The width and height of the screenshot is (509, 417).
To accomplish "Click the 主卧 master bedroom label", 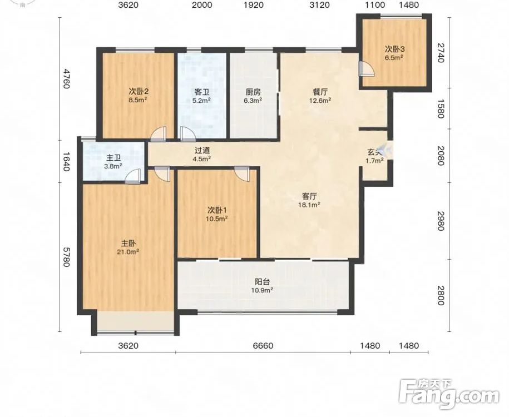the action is pyautogui.click(x=129, y=243).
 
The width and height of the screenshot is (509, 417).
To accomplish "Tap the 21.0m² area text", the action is pyautogui.click(x=129, y=251).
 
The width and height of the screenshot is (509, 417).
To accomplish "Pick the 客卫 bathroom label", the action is pyautogui.click(x=201, y=92).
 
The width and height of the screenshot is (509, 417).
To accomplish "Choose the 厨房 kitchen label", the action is pyautogui.click(x=253, y=92).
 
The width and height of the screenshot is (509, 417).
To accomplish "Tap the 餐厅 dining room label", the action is pyautogui.click(x=320, y=92).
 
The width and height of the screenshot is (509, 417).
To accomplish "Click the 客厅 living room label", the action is pyautogui.click(x=309, y=196).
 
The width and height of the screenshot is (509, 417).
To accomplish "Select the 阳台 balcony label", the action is pyautogui.click(x=262, y=282).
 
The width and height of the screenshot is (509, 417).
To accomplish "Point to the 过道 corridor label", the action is pyautogui.click(x=202, y=150).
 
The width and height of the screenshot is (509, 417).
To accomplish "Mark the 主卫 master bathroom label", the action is pyautogui.click(x=113, y=158).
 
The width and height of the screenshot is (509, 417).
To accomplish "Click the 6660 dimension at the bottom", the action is pyautogui.click(x=263, y=346).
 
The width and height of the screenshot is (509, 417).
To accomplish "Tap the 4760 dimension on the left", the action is pyautogui.click(x=66, y=78).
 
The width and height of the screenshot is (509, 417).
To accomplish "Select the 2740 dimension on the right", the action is pyautogui.click(x=440, y=53).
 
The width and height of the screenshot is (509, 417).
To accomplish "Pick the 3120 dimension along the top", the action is pyautogui.click(x=320, y=4).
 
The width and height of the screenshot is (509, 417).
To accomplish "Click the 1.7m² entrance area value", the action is pyautogui.click(x=374, y=160).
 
